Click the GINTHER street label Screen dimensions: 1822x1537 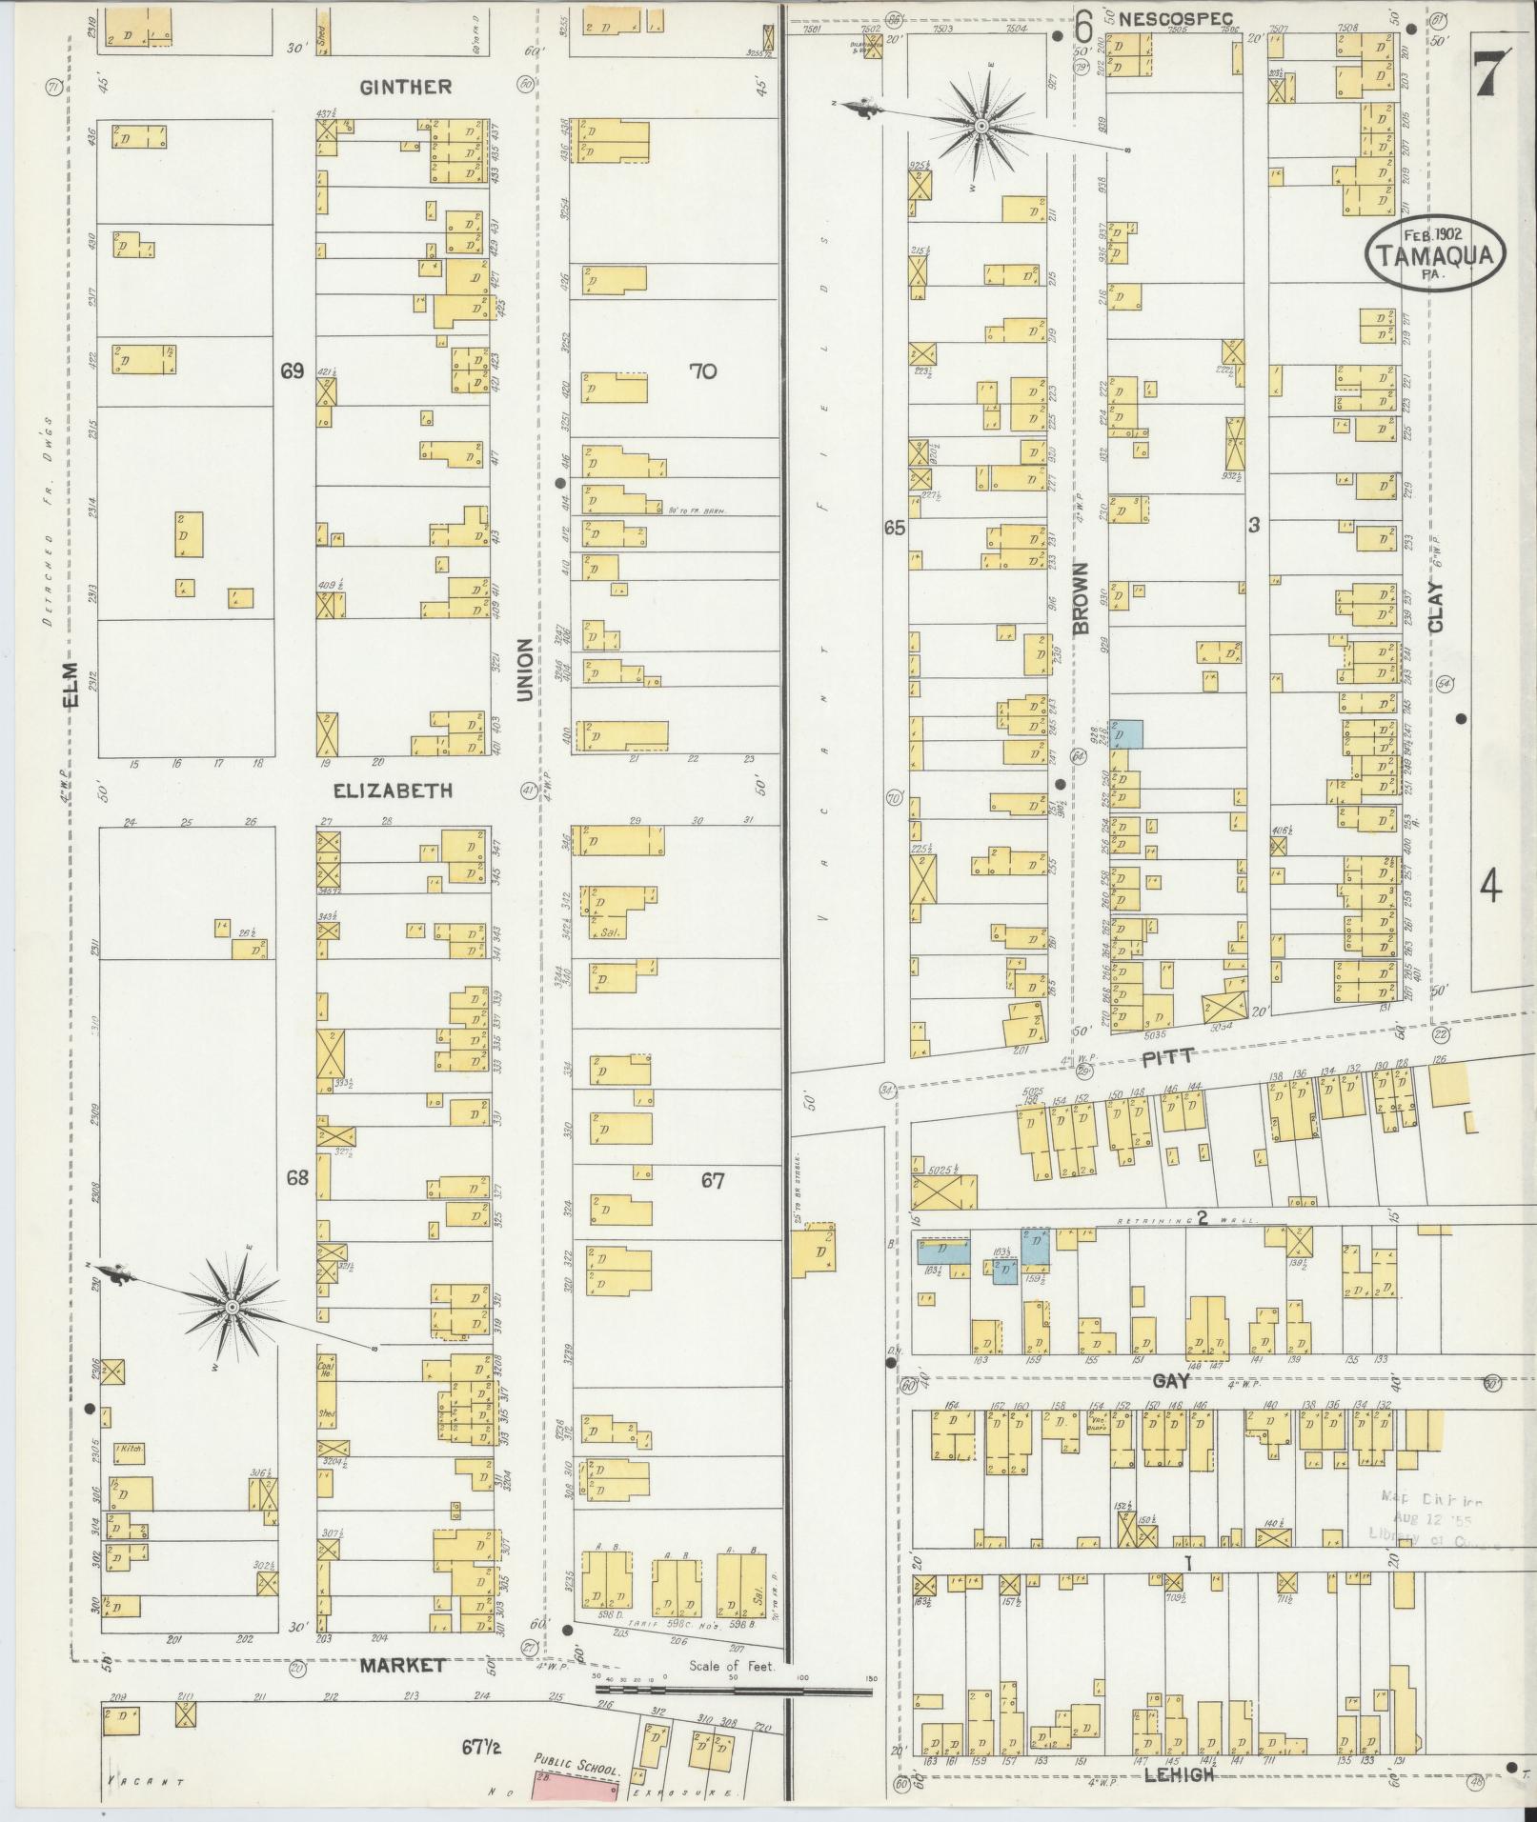click(405, 87)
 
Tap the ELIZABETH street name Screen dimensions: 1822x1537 click(392, 791)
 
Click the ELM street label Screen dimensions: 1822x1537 click(71, 686)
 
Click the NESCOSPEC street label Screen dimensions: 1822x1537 click(1175, 18)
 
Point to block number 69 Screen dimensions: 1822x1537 click(292, 371)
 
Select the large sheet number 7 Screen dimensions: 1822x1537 click(1490, 74)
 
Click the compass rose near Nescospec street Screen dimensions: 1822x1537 click(980, 125)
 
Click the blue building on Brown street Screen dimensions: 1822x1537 click(1127, 733)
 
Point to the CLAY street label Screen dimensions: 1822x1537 click(1436, 606)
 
